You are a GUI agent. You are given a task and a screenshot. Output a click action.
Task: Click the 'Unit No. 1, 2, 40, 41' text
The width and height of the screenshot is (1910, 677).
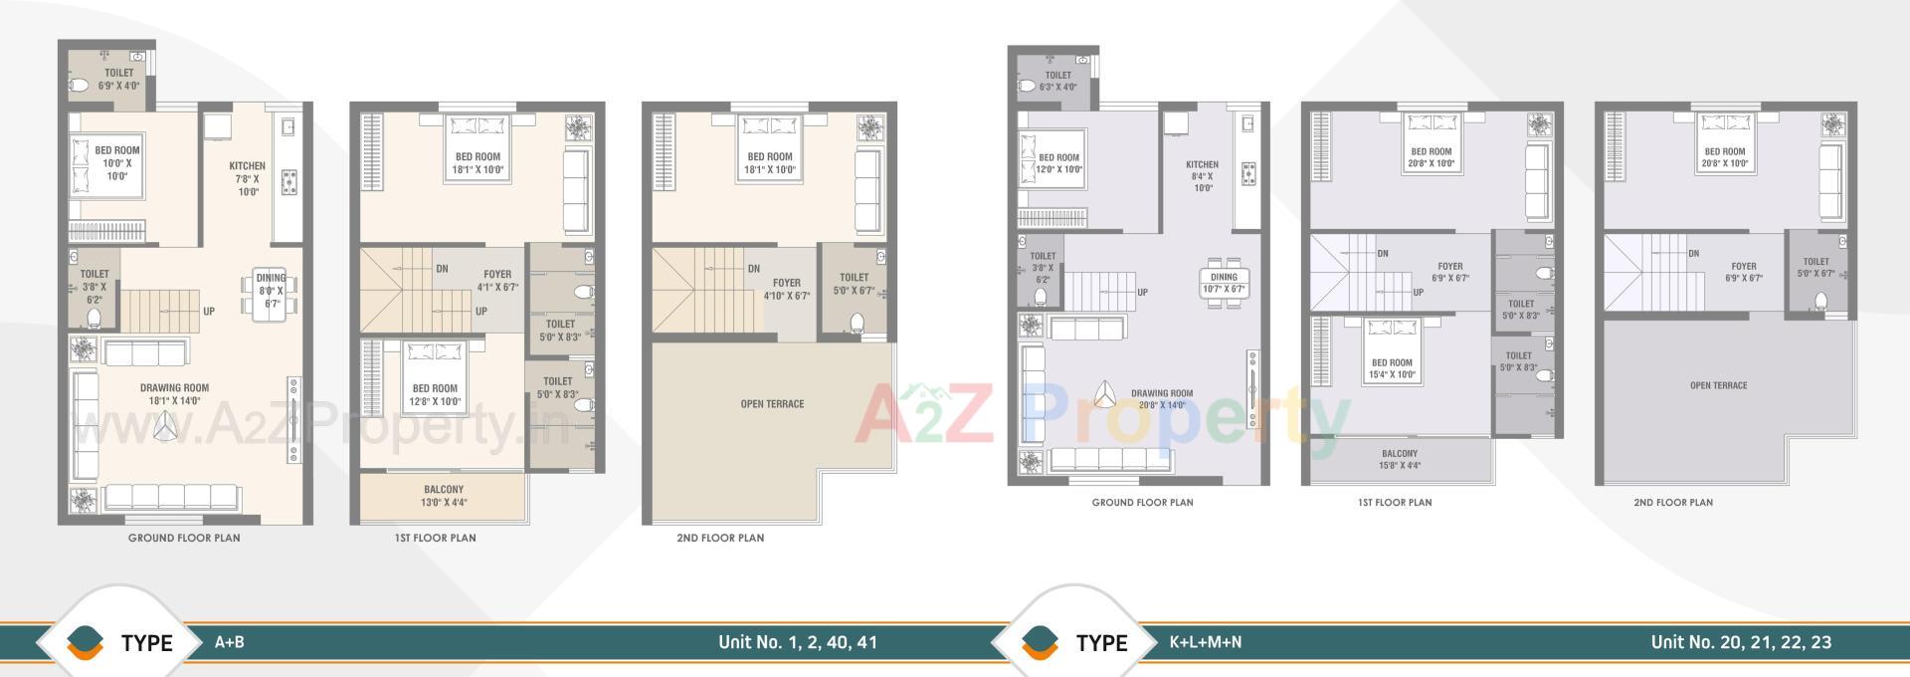point(798,642)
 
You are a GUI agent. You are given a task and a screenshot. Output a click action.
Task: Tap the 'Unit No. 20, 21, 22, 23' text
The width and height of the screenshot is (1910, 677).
point(1741,642)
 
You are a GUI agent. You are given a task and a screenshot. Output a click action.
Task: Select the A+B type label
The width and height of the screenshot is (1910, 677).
point(230,642)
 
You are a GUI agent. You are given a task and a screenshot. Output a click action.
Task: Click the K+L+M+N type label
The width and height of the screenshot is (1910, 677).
point(1206,642)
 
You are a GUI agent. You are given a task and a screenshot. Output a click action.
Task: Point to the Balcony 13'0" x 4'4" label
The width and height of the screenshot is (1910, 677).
point(444,496)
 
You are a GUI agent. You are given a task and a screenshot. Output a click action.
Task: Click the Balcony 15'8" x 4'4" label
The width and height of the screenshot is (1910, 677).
point(1400,459)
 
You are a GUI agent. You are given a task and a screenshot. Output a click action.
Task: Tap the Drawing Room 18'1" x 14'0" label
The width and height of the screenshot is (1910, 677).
point(175,394)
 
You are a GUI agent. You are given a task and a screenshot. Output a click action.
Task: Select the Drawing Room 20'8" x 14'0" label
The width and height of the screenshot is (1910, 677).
point(1162,398)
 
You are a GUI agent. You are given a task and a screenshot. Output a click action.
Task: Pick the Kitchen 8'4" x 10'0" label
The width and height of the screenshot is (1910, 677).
point(1202,176)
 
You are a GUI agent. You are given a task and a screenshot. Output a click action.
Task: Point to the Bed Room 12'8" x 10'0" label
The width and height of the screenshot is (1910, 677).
point(435,395)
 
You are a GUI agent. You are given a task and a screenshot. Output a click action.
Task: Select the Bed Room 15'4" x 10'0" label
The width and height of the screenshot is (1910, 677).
point(1392,368)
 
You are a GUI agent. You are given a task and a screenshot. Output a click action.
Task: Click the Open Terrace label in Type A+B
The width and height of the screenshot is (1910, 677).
point(772,404)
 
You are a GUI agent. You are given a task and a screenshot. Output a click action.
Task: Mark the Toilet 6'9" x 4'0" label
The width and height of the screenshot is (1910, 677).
point(118,79)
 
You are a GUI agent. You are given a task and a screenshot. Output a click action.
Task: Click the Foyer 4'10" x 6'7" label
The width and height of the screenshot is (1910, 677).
point(787,289)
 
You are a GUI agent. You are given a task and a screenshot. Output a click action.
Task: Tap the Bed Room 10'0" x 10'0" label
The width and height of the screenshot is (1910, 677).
point(117,163)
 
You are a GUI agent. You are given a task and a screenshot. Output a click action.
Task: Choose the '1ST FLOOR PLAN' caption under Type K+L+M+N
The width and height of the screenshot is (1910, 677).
point(1395,503)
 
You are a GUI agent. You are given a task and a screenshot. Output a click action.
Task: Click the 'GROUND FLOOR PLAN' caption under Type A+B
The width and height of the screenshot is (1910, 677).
point(184,538)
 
